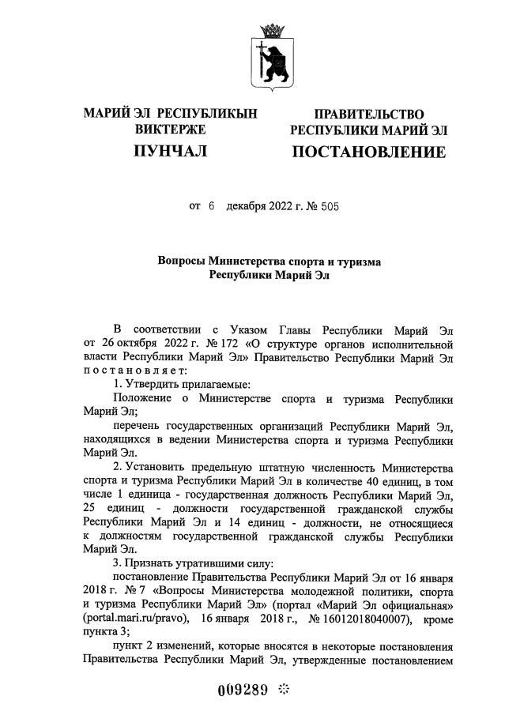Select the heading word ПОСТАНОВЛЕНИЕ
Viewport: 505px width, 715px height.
(x=368, y=151)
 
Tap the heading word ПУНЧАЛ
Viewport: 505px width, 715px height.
(x=170, y=151)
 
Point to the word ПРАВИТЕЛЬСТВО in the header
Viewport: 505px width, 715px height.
(x=368, y=115)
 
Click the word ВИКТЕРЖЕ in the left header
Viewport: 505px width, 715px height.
(x=170, y=129)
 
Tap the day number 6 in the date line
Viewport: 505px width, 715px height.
(x=212, y=207)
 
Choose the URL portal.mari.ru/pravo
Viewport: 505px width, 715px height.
(x=130, y=618)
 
